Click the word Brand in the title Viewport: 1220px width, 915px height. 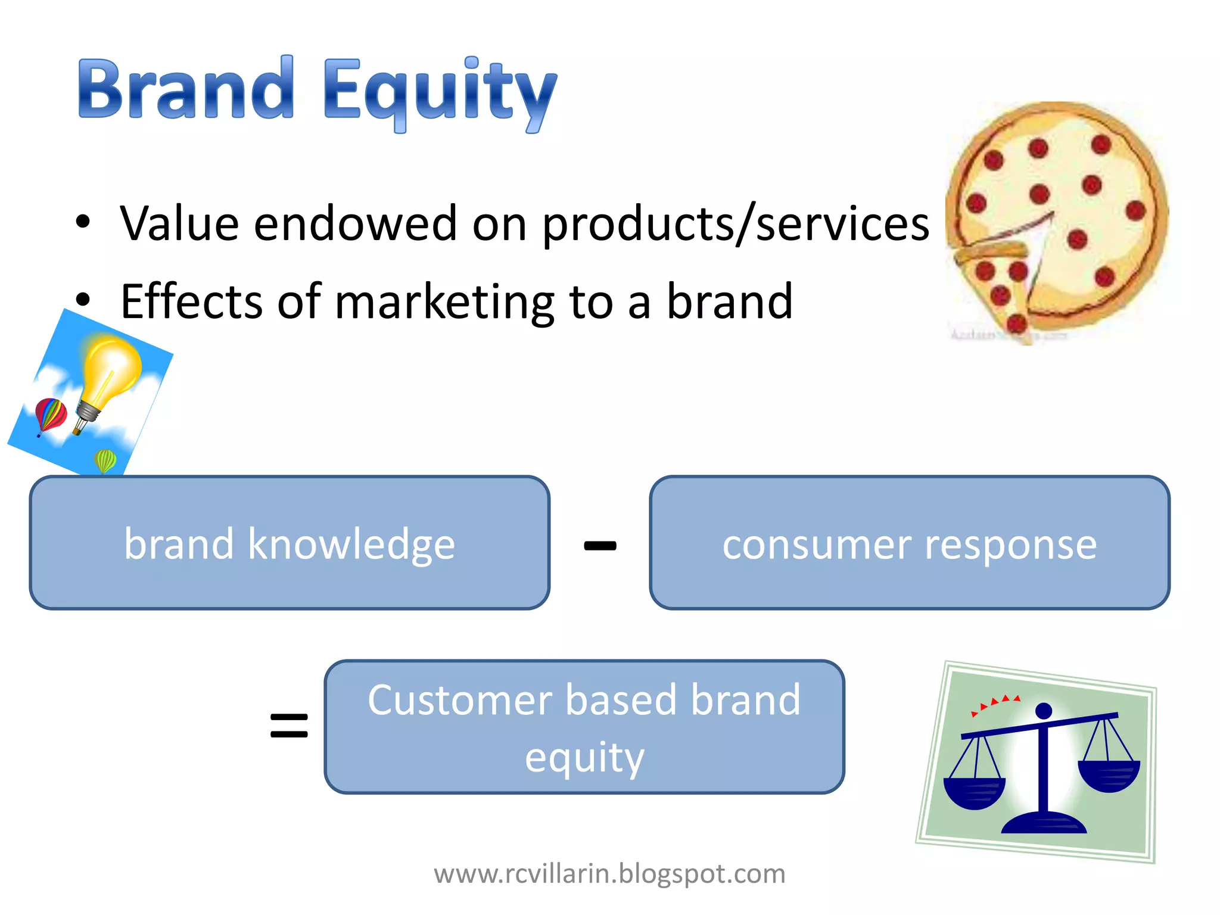[186, 89]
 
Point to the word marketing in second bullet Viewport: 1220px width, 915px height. [444, 302]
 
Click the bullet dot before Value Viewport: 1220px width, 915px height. [83, 222]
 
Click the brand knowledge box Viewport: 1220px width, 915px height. [290, 543]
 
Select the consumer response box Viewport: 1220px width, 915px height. [909, 543]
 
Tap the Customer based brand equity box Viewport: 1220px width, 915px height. [584, 727]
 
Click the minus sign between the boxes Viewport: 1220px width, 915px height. [600, 545]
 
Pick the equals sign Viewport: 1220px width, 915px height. [289, 726]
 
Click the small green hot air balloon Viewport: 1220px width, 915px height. [105, 460]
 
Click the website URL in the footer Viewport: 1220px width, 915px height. [609, 874]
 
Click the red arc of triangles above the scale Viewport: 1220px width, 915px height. [995, 704]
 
